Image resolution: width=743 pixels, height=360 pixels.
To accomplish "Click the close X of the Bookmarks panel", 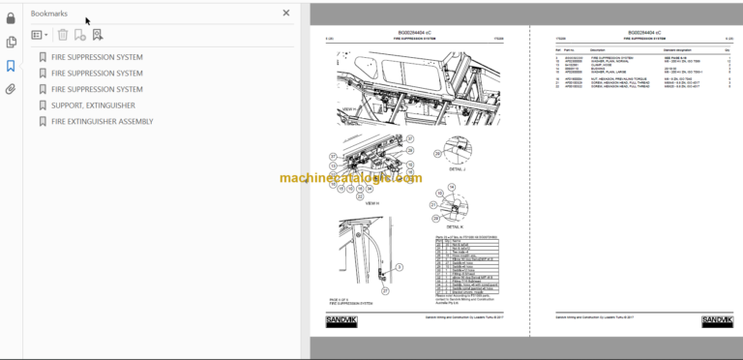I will coord(285,14).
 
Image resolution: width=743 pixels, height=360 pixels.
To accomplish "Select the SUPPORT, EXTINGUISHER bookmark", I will coord(93,105).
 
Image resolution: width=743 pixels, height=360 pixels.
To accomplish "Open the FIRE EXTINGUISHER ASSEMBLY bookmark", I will coord(102,121).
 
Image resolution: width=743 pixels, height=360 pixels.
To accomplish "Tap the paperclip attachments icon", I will coord(11,89).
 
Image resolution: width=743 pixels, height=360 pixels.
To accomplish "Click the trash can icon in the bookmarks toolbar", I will coord(63,35).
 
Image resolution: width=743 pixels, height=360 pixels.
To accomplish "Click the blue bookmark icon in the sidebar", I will coord(11,66).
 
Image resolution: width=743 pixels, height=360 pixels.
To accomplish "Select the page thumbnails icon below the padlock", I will coord(11,42).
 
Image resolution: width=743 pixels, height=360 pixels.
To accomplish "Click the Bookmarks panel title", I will coord(49,14).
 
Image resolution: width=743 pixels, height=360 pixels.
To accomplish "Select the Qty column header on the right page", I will coord(727,50).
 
